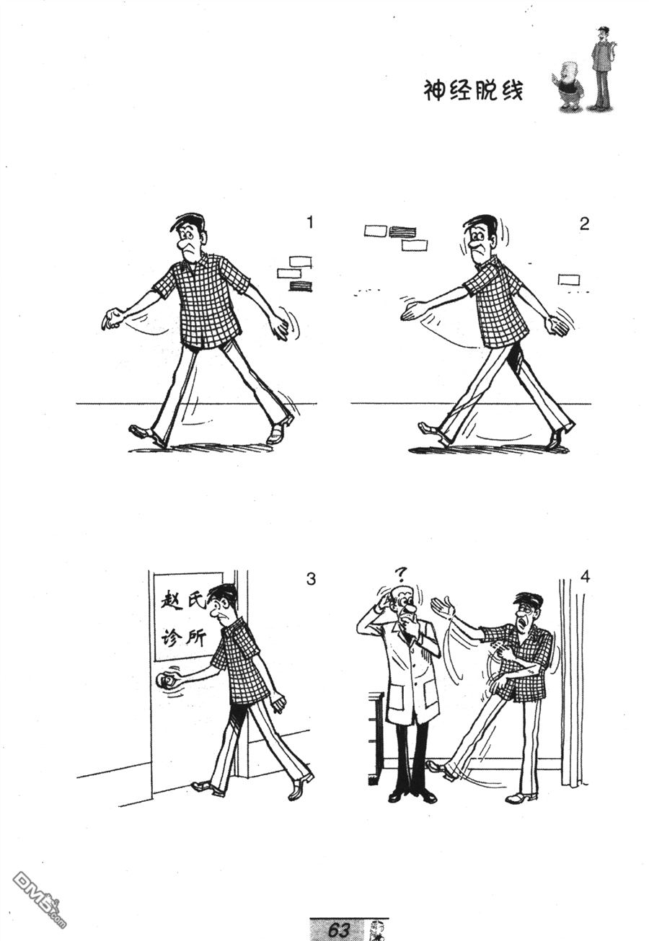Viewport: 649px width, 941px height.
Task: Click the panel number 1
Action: click(310, 222)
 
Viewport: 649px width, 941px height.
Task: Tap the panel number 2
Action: click(584, 224)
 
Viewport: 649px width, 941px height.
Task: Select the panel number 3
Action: click(310, 579)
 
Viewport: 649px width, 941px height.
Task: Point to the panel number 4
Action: click(585, 577)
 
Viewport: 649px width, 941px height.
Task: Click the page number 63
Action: click(339, 930)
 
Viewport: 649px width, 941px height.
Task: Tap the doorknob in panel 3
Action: click(166, 680)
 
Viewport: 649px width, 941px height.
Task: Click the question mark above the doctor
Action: click(402, 573)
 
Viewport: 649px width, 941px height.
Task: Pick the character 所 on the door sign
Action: click(195, 639)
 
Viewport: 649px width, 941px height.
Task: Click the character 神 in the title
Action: click(434, 91)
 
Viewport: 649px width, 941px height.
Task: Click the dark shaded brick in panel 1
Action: click(301, 286)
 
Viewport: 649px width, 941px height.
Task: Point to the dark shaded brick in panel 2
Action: click(402, 232)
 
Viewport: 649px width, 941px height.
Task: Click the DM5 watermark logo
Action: click(40, 895)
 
